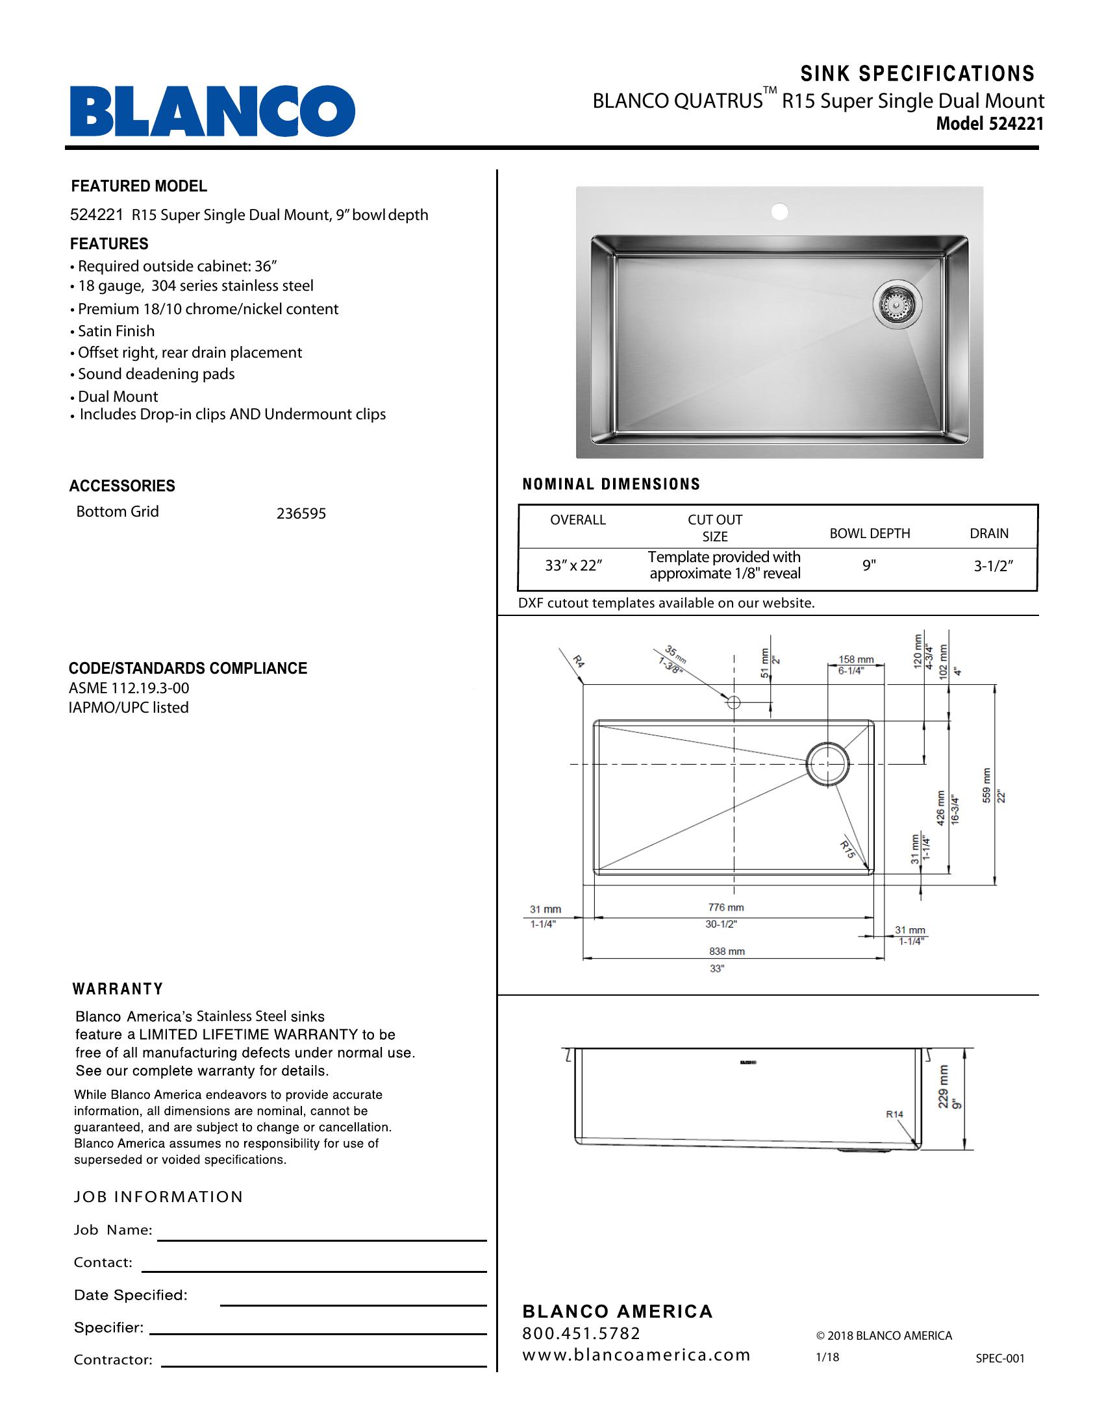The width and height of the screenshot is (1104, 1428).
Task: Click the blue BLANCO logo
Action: pyautogui.click(x=212, y=111)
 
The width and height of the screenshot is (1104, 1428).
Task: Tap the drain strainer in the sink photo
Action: pyautogui.click(x=897, y=304)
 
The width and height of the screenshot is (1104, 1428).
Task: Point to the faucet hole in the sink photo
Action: pyautogui.click(x=779, y=212)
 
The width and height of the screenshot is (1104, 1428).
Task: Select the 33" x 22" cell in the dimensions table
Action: pyautogui.click(x=573, y=565)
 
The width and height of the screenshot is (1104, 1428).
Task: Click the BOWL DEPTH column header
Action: pyautogui.click(x=869, y=534)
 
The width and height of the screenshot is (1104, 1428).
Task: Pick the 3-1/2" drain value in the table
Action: pyautogui.click(x=993, y=566)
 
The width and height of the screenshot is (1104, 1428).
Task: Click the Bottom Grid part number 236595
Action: pyautogui.click(x=301, y=514)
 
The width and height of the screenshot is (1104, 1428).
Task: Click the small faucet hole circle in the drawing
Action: pyautogui.click(x=733, y=702)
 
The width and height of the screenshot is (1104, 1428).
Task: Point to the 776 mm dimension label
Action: pyautogui.click(x=725, y=907)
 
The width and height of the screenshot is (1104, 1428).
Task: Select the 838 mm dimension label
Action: pyautogui.click(x=727, y=952)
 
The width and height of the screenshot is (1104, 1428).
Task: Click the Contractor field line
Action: pyautogui.click(x=323, y=1366)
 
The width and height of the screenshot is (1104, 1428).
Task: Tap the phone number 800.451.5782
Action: pyautogui.click(x=581, y=1333)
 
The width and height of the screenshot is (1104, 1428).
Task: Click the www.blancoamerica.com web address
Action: pyautogui.click(x=636, y=1355)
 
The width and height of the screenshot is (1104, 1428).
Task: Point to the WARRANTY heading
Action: pyautogui.click(x=118, y=989)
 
